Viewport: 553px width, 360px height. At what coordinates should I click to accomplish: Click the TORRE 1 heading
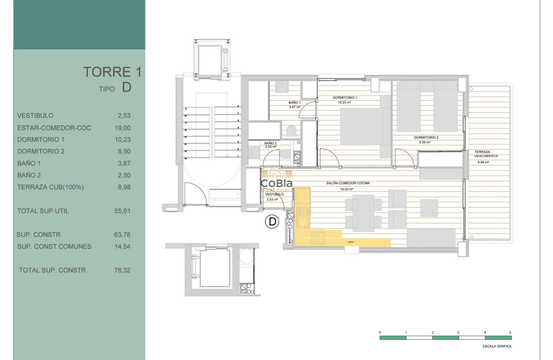click(112, 72)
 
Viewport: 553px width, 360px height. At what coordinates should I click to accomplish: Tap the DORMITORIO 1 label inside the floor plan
click(345, 98)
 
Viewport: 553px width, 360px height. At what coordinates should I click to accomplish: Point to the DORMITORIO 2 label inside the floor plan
click(426, 138)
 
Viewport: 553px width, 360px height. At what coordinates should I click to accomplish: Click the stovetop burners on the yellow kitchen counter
click(318, 237)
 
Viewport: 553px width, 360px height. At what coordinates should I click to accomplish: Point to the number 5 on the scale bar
click(510, 333)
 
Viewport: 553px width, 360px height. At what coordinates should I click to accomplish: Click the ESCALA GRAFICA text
click(497, 346)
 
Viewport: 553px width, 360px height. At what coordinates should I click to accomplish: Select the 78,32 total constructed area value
click(123, 270)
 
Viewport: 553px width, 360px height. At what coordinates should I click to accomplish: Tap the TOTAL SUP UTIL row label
click(43, 211)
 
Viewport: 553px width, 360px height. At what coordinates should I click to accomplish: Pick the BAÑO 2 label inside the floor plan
click(270, 143)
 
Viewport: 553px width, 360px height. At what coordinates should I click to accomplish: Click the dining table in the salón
click(363, 213)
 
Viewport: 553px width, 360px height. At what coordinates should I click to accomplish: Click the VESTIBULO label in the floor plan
click(272, 195)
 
